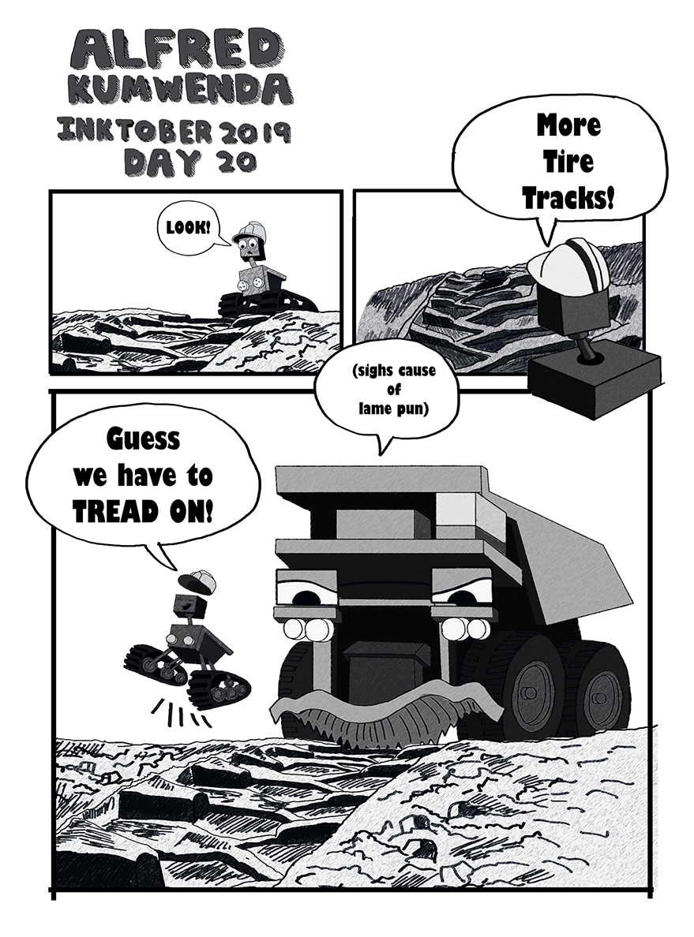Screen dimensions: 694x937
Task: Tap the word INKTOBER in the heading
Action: [134, 130]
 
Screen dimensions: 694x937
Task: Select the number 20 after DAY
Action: [237, 162]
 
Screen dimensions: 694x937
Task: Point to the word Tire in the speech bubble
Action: [568, 162]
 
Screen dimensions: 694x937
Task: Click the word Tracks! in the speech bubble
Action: [568, 198]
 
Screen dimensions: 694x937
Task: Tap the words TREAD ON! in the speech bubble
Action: [142, 512]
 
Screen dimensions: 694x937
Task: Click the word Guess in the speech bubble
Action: [144, 439]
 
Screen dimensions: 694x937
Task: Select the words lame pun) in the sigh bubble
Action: [394, 409]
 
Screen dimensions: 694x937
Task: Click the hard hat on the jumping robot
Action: [198, 580]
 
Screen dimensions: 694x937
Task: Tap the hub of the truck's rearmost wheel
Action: [599, 697]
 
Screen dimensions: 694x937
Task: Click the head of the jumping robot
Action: [190, 606]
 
